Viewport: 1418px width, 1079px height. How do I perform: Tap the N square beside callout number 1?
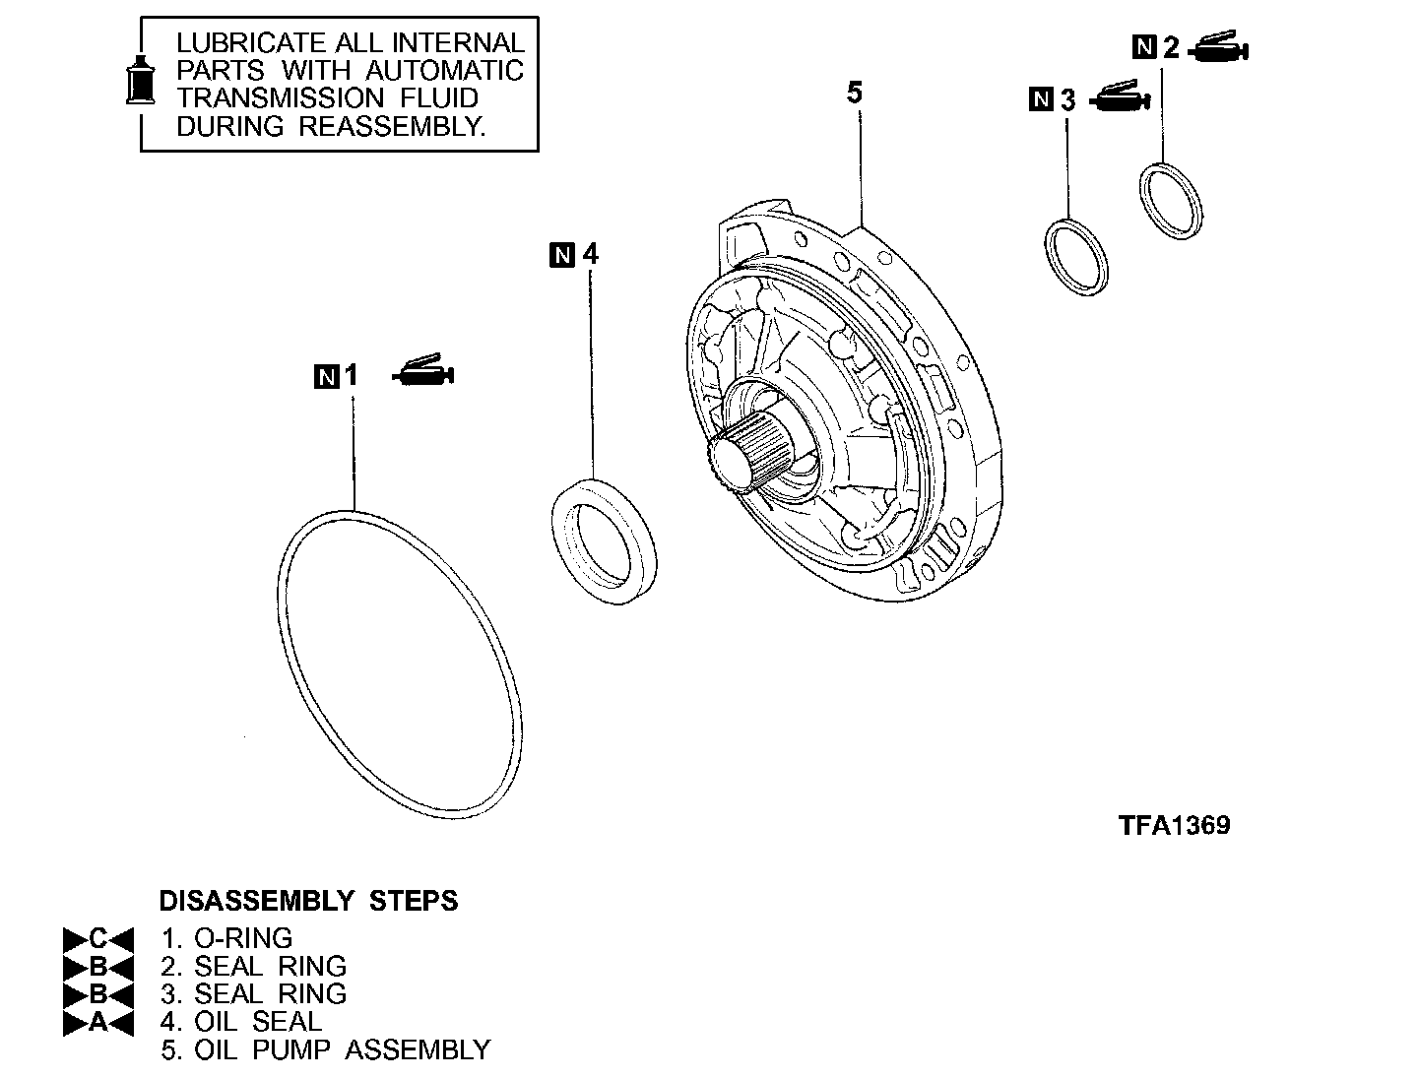(326, 376)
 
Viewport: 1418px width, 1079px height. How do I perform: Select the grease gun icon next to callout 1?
(423, 372)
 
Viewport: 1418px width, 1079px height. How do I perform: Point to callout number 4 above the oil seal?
(590, 254)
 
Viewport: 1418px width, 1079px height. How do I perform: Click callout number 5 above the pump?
(854, 93)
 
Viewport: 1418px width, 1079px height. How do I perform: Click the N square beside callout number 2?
(1143, 47)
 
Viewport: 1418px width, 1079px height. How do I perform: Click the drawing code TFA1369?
(1174, 825)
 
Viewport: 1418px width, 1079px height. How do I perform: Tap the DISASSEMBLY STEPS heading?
(308, 901)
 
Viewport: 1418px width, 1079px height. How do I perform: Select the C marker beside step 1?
(97, 938)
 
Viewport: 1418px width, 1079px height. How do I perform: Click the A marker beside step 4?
(97, 1022)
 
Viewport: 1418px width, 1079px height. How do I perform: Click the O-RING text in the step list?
(243, 938)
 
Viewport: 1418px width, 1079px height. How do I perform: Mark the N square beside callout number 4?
(561, 255)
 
